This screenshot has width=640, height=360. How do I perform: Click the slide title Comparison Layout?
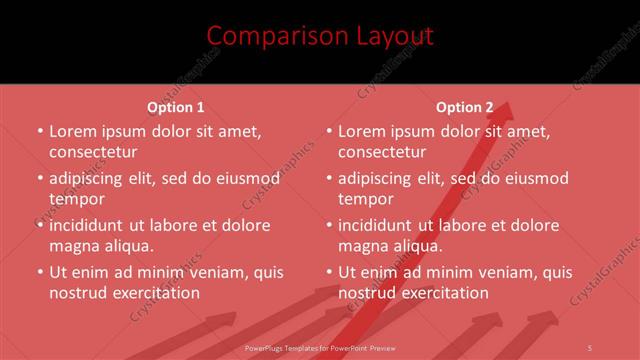coord(320,36)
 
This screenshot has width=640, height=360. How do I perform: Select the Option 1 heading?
coord(175,107)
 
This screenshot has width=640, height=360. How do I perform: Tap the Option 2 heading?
coord(464,107)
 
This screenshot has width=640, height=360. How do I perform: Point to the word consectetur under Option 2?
coord(381,152)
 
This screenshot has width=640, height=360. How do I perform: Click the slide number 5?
coord(591,346)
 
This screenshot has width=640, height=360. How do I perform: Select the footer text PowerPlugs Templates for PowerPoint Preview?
coord(319,346)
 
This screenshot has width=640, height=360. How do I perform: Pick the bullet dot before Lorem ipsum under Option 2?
coord(328,131)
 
